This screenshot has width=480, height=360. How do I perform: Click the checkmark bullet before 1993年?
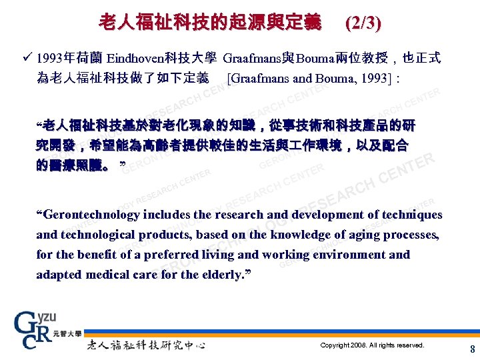tap(27, 58)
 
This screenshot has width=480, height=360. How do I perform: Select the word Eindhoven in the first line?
tap(136, 58)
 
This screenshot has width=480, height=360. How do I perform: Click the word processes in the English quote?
tap(412, 235)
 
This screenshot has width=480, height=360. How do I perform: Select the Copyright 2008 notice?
tap(372, 345)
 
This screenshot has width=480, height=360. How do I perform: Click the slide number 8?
tap(472, 349)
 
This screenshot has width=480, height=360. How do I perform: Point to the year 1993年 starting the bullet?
tap(55, 58)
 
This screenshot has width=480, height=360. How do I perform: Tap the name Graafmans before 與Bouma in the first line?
tap(253, 58)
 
